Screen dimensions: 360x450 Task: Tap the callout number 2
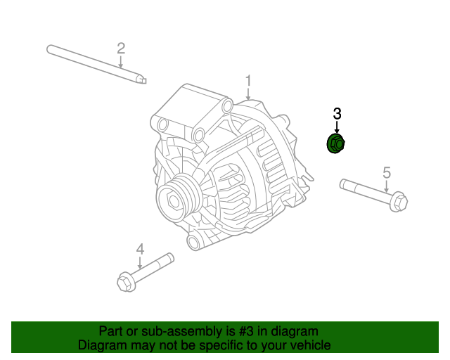[x=121, y=48]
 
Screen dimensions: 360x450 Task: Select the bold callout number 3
[x=337, y=113]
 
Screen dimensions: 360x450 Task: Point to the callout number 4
[x=140, y=248]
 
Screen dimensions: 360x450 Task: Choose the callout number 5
[x=386, y=172]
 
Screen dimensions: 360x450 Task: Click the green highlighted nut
[x=336, y=144]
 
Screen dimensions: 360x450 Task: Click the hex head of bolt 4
[x=125, y=283]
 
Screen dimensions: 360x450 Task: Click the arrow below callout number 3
[x=337, y=127]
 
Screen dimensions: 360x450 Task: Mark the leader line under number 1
[x=247, y=93]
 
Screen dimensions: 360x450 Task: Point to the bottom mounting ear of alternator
[x=194, y=242]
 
